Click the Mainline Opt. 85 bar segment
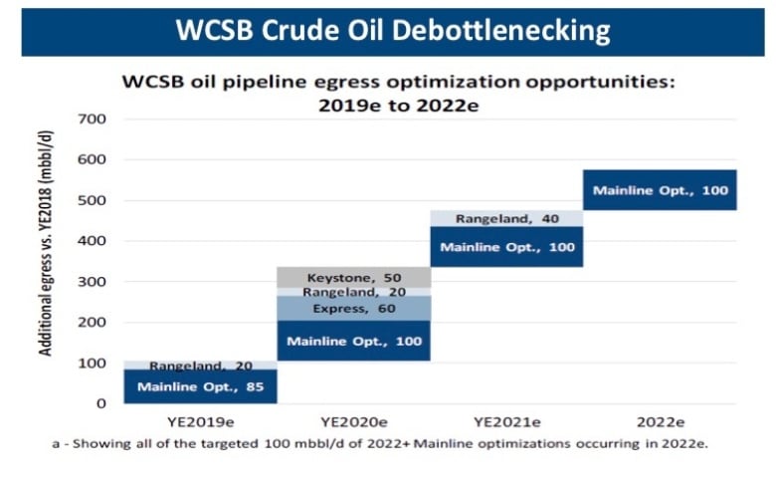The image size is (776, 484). click(200, 386)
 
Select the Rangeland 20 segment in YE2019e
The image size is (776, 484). click(200, 365)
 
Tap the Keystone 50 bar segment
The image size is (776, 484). click(354, 278)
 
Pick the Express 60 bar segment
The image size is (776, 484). click(354, 308)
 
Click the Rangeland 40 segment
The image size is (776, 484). click(506, 218)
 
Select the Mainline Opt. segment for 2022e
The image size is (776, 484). click(660, 190)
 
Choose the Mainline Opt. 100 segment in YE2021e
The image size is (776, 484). click(506, 247)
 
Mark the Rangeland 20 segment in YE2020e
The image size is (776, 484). click(354, 292)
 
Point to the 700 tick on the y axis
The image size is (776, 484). click(92, 119)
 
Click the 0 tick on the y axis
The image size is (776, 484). click(100, 403)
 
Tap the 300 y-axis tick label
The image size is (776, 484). click(92, 282)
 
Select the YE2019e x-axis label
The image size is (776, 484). click(200, 422)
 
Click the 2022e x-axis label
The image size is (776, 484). click(661, 422)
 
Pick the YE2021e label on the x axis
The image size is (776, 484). click(507, 422)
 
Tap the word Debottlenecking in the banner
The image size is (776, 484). click(500, 31)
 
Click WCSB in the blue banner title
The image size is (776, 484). click(214, 30)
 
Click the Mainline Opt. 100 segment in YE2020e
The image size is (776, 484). click(354, 341)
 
